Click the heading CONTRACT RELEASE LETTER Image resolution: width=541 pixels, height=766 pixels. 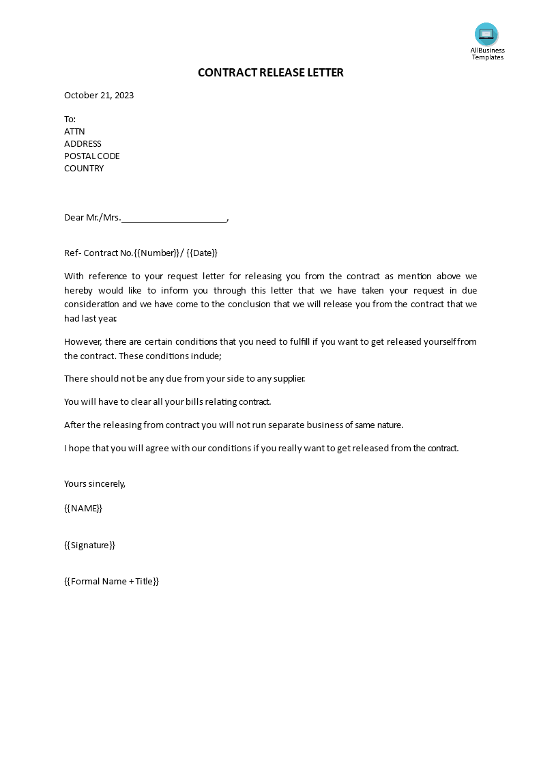coord(270,72)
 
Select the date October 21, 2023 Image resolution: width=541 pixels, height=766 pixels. coord(99,95)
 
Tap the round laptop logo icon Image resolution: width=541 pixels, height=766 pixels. coord(486,34)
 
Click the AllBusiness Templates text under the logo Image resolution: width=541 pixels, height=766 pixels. coord(487,53)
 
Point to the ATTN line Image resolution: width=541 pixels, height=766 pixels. coord(74,131)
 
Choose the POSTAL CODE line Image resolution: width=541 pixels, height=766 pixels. coord(91,156)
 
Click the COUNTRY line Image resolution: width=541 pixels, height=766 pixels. coord(84,168)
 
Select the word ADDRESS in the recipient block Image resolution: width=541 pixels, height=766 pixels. coord(83,143)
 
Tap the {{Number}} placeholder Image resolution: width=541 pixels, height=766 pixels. coord(158,253)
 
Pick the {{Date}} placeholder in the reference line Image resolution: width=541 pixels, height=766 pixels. coord(202,253)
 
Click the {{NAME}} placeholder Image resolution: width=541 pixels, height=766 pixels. coord(83,508)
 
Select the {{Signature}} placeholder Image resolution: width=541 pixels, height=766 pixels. coord(89,545)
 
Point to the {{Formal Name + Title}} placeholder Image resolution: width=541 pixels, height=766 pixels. coord(111,582)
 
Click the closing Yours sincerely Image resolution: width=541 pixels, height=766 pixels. coord(95,483)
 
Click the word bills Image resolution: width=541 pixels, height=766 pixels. coord(188,401)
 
